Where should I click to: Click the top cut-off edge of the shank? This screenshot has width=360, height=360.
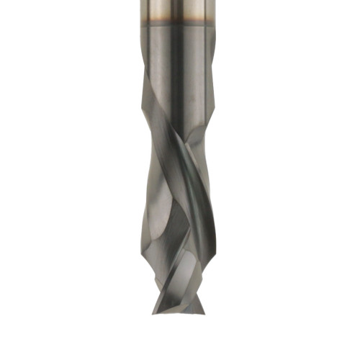click(180, 1)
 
